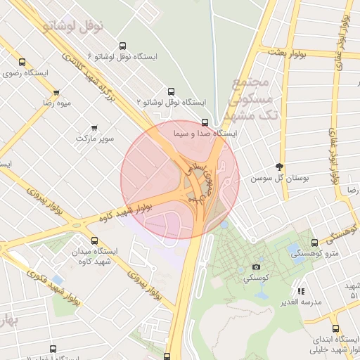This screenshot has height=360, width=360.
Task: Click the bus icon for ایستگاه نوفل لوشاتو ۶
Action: (123, 45)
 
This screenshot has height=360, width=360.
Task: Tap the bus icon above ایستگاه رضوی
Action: (29, 61)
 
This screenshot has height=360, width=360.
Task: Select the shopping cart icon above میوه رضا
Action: (56, 92)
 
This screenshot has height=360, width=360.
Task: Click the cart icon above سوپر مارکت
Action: (94, 127)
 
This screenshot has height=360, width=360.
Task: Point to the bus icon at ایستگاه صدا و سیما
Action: (205, 122)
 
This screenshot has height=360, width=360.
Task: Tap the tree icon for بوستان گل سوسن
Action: (280, 167)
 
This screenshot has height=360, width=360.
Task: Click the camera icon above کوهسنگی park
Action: (256, 267)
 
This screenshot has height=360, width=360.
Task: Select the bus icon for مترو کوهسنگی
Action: (314, 243)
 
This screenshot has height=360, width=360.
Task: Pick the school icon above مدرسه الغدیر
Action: (301, 291)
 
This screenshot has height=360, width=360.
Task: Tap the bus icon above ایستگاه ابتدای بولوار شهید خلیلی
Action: (335, 328)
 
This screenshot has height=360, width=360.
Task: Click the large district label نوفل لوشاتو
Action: (73, 26)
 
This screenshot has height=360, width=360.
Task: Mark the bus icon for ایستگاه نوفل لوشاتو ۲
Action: (170, 91)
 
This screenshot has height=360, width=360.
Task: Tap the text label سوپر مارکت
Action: (95, 139)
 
